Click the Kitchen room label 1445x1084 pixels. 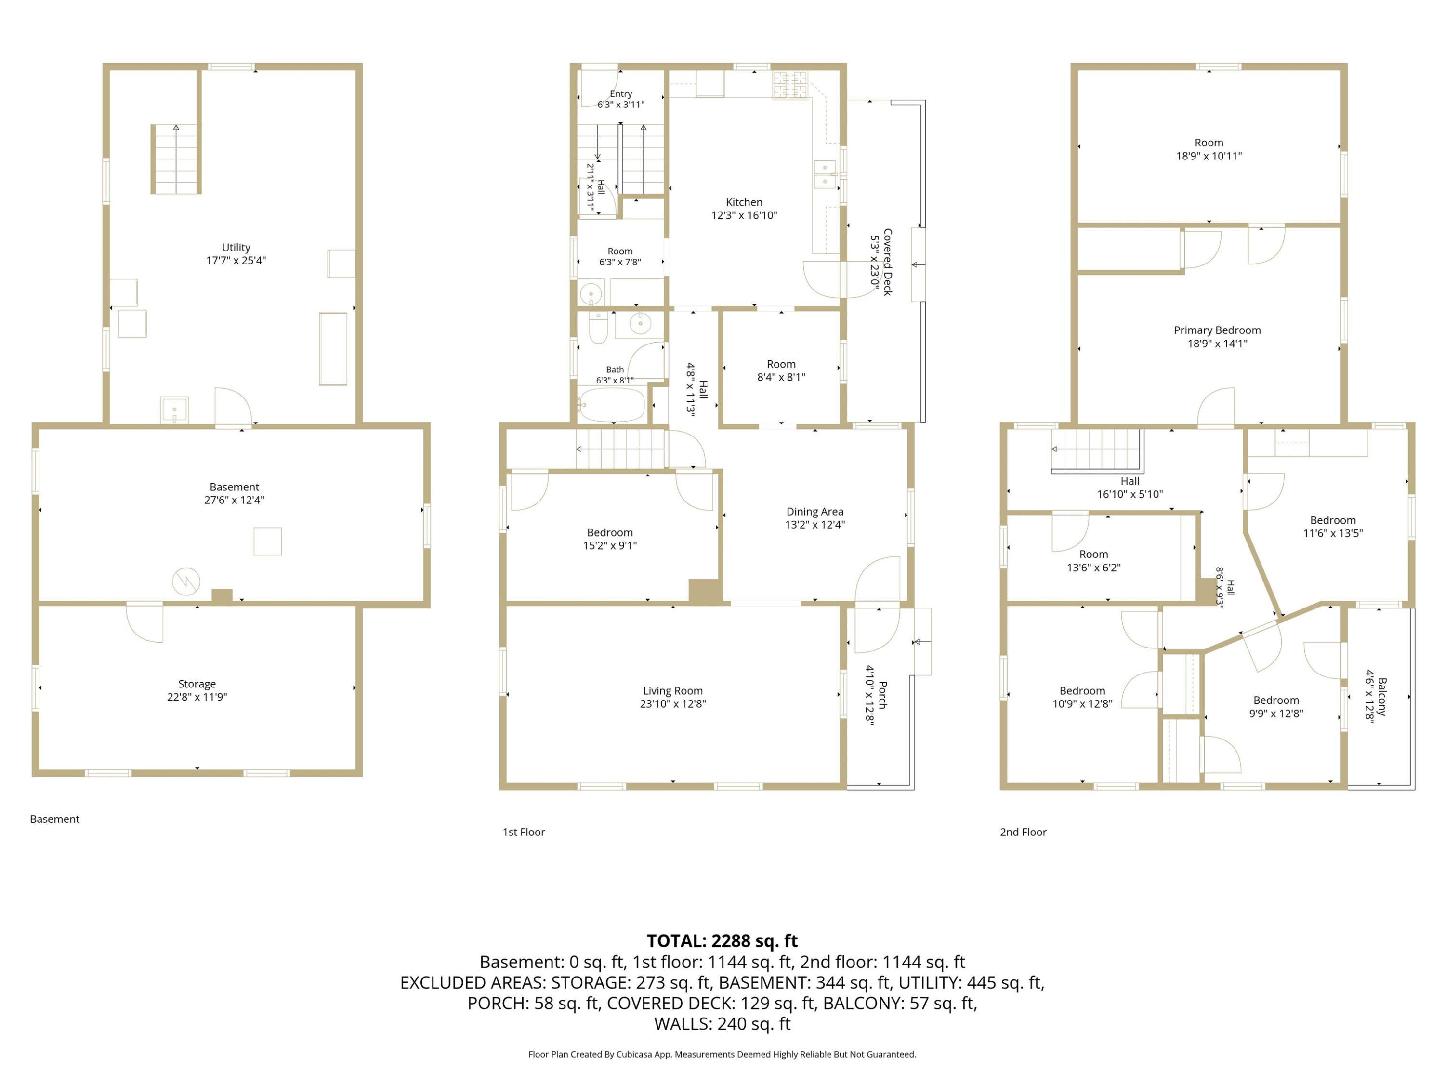pos(744,202)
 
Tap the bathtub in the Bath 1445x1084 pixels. pos(612,405)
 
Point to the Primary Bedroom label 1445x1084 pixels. pos(1217,330)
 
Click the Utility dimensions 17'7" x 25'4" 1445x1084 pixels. pos(236,260)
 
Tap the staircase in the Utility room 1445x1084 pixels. pos(175,159)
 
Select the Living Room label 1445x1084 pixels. pos(673,691)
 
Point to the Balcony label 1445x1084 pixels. pos(1381,697)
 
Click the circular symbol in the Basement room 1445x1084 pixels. pos(186,582)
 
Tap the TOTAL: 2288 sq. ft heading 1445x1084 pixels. pos(722,941)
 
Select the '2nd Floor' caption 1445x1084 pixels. pos(1023,832)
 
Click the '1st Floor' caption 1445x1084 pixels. pos(523,832)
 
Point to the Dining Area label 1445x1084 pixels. pos(814,512)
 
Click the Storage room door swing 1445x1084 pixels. pos(145,622)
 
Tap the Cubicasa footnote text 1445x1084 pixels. pos(722,1054)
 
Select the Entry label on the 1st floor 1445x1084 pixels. pos(620,93)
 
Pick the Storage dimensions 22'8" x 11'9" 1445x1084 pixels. pos(197,697)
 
